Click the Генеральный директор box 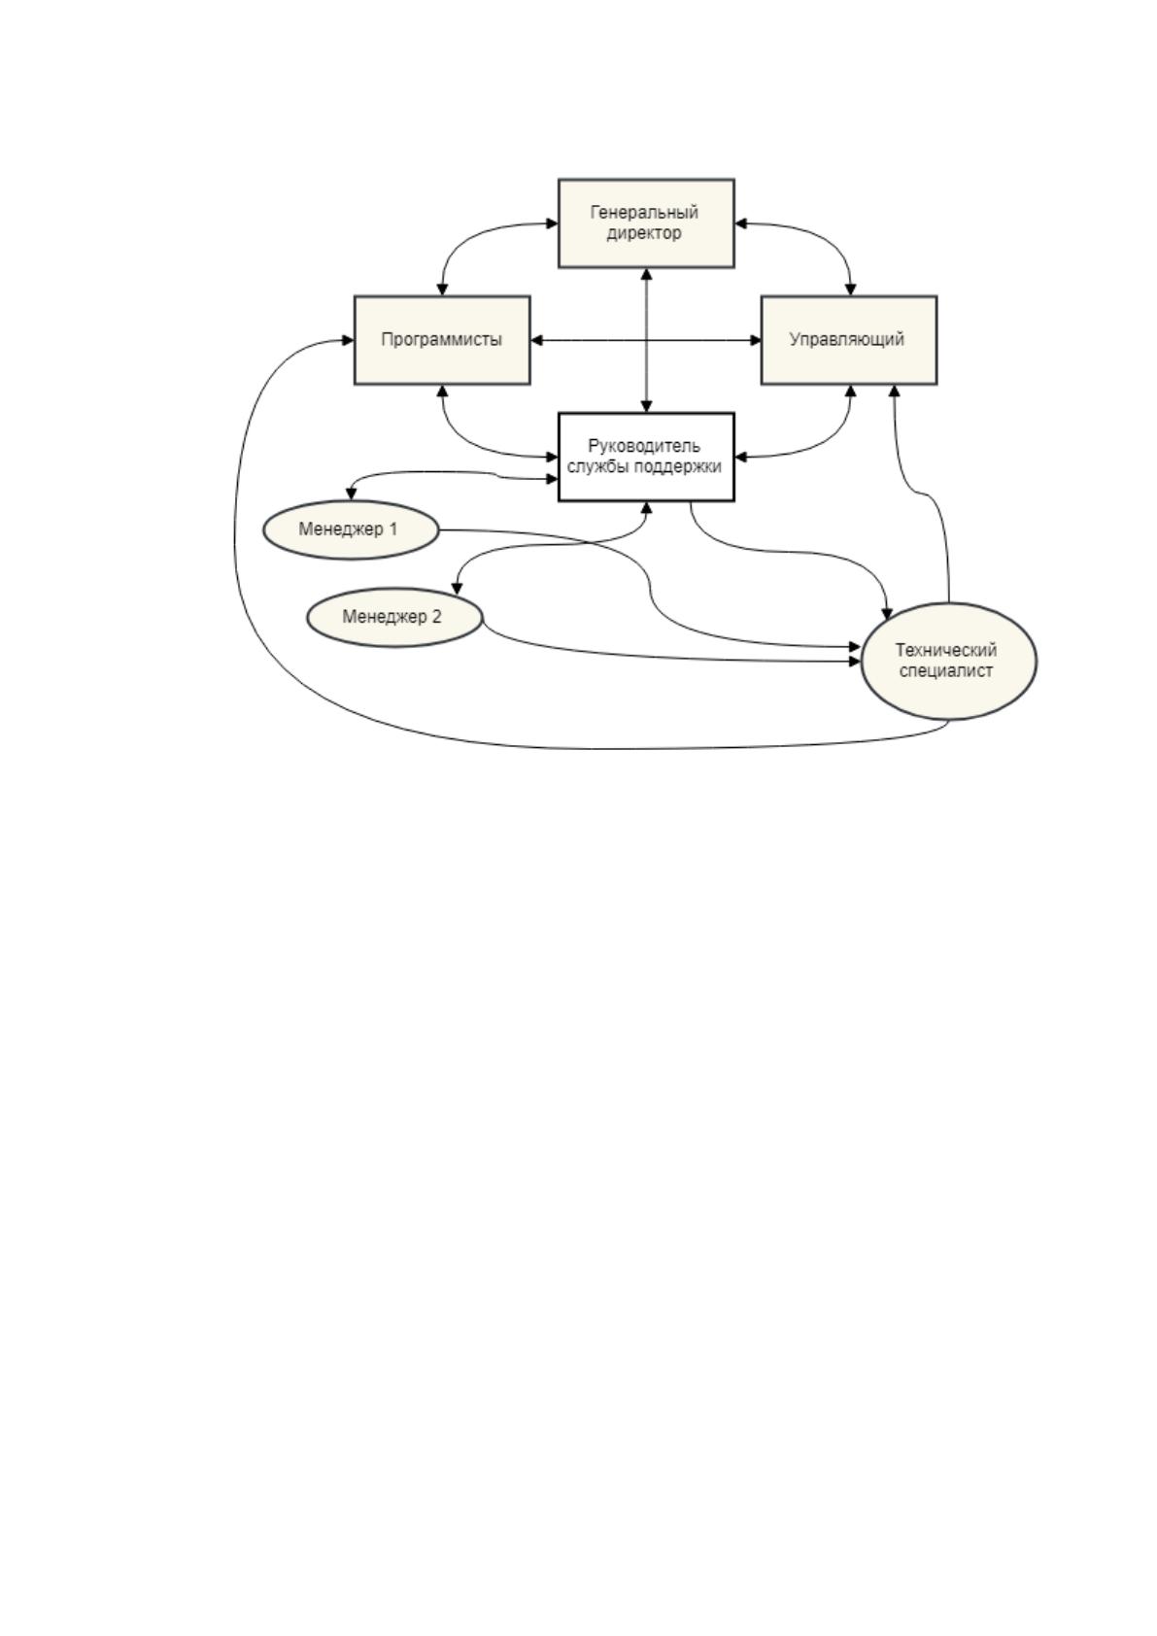(x=646, y=222)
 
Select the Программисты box (x=442, y=340)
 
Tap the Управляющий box (x=849, y=340)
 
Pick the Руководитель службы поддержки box (x=646, y=457)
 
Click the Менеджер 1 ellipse (x=351, y=529)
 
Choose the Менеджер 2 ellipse (x=394, y=617)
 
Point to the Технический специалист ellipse (x=949, y=661)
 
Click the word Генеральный (x=644, y=213)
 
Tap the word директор (x=644, y=234)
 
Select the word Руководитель (x=644, y=446)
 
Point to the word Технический (x=946, y=650)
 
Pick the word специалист (x=946, y=671)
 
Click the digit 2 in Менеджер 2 (x=436, y=617)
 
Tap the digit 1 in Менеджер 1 (x=393, y=528)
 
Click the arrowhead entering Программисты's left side (x=348, y=340)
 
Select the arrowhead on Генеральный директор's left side (x=552, y=222)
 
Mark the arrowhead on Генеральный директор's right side (x=740, y=222)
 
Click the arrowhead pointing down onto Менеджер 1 (x=351, y=494)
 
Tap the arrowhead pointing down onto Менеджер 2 (x=457, y=588)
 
